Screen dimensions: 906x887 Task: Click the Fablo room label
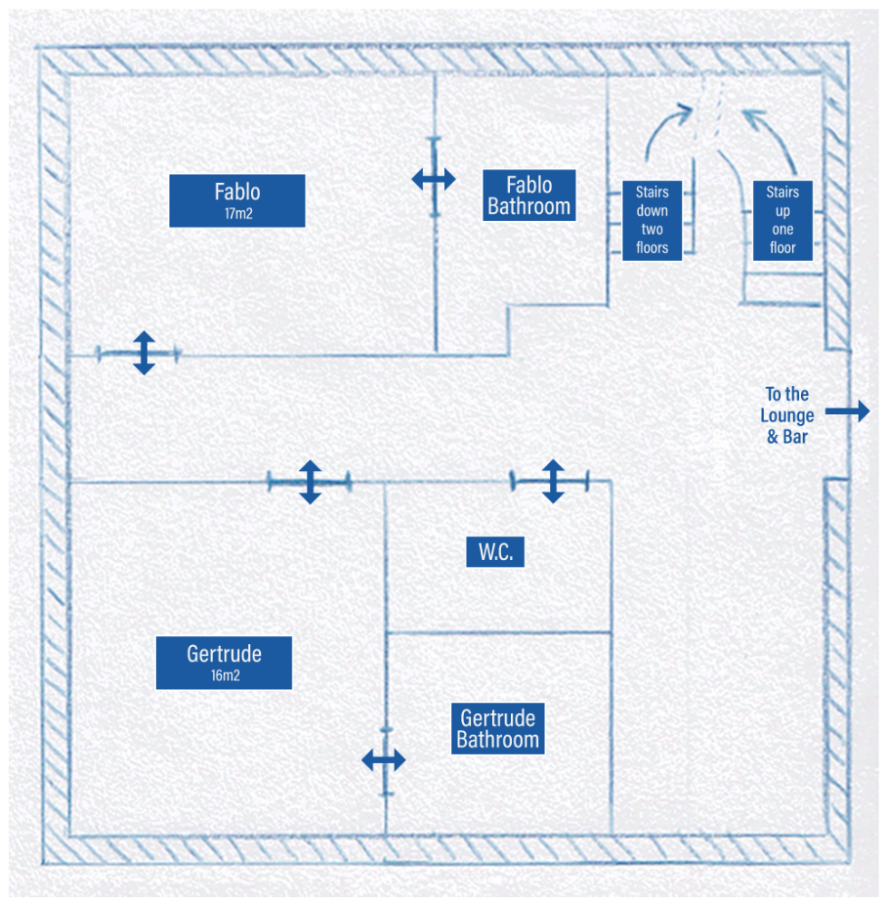pos(237,200)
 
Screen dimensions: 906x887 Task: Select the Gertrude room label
pos(224,662)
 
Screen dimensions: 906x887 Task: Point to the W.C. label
pos(496,553)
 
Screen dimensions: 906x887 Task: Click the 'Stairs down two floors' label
pos(651,220)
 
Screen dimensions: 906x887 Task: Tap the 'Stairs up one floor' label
pos(783,220)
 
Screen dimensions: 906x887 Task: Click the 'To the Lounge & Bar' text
pos(787,415)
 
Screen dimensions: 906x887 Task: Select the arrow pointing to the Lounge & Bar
pos(847,411)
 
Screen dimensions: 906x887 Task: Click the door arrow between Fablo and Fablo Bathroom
pos(434,179)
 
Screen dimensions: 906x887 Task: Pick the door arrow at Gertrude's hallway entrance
pos(310,482)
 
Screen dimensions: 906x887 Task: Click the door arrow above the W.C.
pos(553,480)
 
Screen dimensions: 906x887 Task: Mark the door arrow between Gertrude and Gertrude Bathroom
pos(384,760)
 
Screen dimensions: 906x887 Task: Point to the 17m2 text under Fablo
pos(237,215)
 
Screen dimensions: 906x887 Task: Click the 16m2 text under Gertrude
pos(224,676)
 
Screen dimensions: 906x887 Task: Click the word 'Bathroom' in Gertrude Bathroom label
pos(497,740)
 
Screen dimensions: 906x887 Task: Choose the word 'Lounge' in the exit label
pos(787,416)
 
